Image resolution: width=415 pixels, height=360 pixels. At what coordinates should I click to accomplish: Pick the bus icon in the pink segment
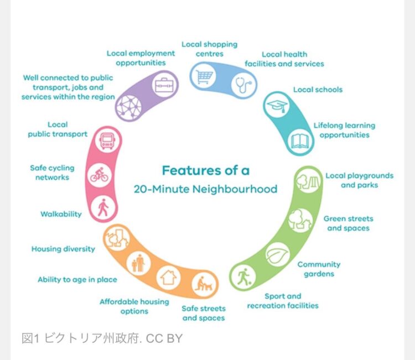pyautogui.click(x=106, y=140)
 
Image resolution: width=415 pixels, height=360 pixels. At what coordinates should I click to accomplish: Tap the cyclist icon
pyautogui.click(x=100, y=176)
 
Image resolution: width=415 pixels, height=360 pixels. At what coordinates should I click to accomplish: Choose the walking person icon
pyautogui.click(x=103, y=208)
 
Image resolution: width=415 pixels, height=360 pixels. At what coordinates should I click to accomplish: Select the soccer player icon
pyautogui.click(x=243, y=276)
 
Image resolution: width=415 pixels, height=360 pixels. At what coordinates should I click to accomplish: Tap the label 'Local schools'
pyautogui.click(x=318, y=90)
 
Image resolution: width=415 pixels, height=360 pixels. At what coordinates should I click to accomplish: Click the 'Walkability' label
pyautogui.click(x=61, y=214)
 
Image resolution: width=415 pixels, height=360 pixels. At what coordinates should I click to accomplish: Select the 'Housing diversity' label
pyautogui.click(x=63, y=249)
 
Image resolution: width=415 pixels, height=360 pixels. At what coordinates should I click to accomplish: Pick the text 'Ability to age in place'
pyautogui.click(x=77, y=280)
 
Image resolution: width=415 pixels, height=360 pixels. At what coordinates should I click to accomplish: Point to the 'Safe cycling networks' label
pyautogui.click(x=52, y=173)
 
